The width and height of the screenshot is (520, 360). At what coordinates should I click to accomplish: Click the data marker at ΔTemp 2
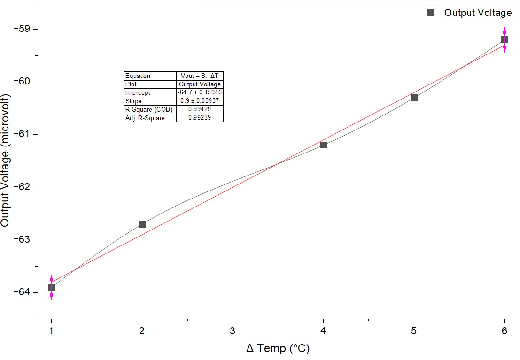pyautogui.click(x=142, y=224)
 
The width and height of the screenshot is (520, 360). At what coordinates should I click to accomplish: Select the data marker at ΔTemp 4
pyautogui.click(x=323, y=145)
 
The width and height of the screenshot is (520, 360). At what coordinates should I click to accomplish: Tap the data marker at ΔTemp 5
pyautogui.click(x=414, y=97)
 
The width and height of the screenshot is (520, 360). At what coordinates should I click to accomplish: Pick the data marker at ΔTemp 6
pyautogui.click(x=504, y=39)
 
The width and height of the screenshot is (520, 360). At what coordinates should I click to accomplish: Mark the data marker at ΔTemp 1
pyautogui.click(x=52, y=287)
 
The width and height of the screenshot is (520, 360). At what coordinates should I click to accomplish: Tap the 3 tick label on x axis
pyautogui.click(x=233, y=330)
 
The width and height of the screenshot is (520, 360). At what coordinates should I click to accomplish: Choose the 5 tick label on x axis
pyautogui.click(x=414, y=330)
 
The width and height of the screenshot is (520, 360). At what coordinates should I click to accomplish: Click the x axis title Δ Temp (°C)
pyautogui.click(x=278, y=349)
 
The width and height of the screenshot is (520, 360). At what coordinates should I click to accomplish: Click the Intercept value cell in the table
pyautogui.click(x=200, y=92)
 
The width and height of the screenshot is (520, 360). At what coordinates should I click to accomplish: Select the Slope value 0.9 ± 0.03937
pyautogui.click(x=200, y=101)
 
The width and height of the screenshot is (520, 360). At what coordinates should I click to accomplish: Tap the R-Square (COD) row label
pyautogui.click(x=149, y=109)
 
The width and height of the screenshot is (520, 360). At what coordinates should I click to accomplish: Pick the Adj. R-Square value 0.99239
pyautogui.click(x=200, y=118)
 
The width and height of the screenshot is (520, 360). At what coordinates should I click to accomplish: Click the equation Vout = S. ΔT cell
pyautogui.click(x=200, y=76)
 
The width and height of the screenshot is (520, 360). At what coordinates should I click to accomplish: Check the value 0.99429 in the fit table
pyautogui.click(x=200, y=109)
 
